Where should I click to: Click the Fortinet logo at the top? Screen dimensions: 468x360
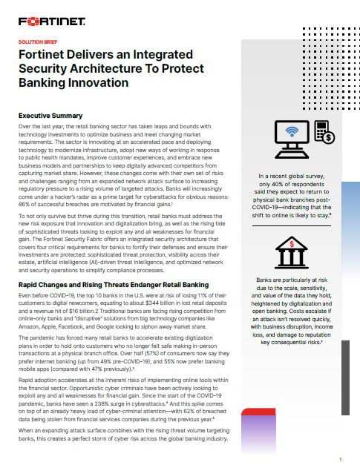(x=50, y=21)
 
